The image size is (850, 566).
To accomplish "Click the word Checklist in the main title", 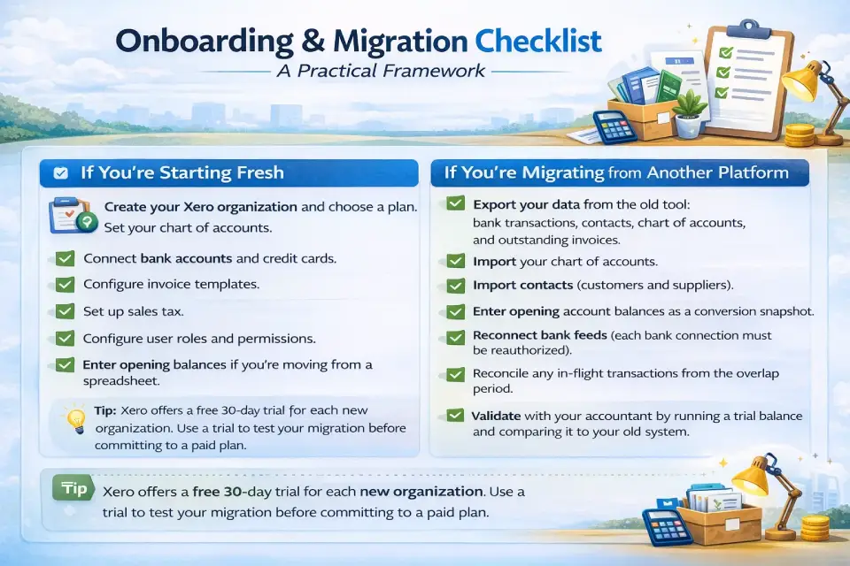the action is pyautogui.click(x=538, y=41).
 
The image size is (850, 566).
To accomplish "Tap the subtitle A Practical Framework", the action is pyautogui.click(x=381, y=71).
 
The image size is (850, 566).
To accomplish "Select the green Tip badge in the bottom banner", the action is pyautogui.click(x=73, y=488).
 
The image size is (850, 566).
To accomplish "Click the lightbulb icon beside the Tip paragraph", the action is pyautogui.click(x=75, y=418).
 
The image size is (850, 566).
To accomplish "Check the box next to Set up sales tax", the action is pyautogui.click(x=65, y=311).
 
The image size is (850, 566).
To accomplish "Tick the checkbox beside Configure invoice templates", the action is pyautogui.click(x=65, y=285).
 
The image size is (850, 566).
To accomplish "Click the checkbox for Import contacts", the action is pyautogui.click(x=455, y=286).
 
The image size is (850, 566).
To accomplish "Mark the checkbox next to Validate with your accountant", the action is pyautogui.click(x=455, y=416).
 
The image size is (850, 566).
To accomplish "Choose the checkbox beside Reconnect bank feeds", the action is pyautogui.click(x=455, y=338).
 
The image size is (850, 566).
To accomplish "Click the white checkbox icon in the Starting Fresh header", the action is pyautogui.click(x=61, y=172).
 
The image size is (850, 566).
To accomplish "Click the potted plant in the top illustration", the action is pyautogui.click(x=689, y=112).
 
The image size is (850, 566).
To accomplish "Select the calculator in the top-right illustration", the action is pyautogui.click(x=614, y=127).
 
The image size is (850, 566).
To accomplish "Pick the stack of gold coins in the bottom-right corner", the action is pyautogui.click(x=815, y=528).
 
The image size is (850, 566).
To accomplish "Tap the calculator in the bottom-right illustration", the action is pyautogui.click(x=667, y=527).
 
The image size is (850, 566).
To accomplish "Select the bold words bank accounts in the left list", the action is pyautogui.click(x=186, y=258).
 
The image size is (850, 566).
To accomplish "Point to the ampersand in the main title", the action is pyautogui.click(x=313, y=42).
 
